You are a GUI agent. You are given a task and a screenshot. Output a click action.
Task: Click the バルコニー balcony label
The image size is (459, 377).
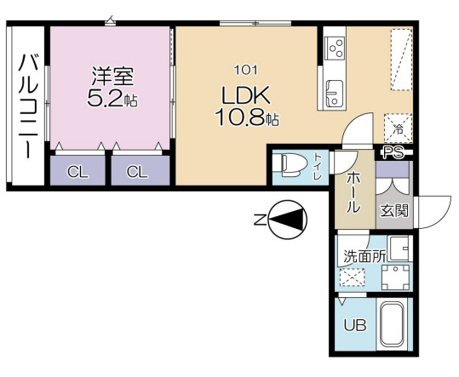coord(25,106)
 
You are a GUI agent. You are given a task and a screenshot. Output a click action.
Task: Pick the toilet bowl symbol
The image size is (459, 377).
coord(290,163)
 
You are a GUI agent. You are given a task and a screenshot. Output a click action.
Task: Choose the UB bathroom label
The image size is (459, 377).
coord(354,325)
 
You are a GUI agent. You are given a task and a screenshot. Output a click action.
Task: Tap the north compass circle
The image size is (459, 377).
coord(286,220)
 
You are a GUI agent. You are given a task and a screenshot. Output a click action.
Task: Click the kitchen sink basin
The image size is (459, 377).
coord(333,88)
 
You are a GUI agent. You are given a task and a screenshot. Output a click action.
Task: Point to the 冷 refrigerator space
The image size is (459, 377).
coord(398,129)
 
